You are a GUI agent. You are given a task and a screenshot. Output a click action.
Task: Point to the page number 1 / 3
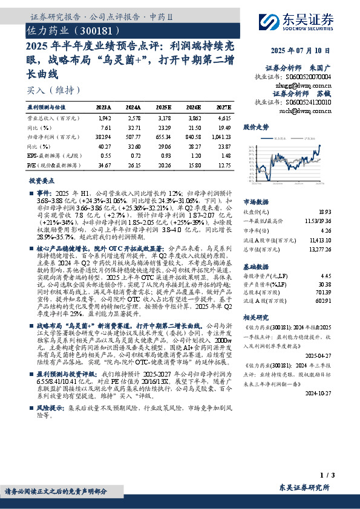point(341,476)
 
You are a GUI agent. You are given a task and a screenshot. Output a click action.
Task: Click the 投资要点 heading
point(42,181)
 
